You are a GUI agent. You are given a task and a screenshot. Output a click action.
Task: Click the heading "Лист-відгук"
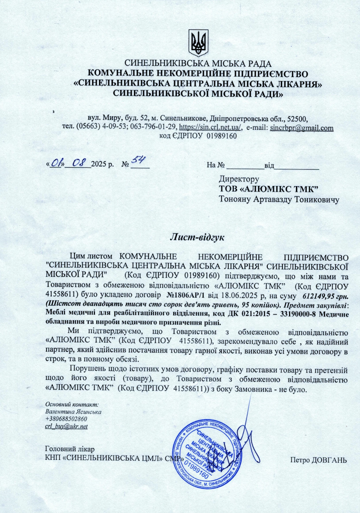tap(197, 238)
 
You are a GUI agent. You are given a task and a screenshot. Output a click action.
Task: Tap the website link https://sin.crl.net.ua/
tap(210, 128)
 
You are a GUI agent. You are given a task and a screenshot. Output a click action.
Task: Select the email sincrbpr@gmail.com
tap(302, 128)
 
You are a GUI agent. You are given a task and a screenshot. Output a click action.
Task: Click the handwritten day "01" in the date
tap(57, 164)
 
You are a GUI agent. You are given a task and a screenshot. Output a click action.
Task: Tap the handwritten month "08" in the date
tap(79, 163)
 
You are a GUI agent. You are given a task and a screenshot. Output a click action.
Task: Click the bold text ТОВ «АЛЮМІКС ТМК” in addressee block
tap(268, 189)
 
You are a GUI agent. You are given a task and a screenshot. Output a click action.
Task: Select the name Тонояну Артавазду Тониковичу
tap(279, 199)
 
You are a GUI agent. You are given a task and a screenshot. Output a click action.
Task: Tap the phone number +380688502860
tap(66, 419)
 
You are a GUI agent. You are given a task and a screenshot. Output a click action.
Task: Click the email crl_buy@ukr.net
tap(66, 426)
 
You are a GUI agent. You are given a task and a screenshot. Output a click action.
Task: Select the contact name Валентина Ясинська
tap(73, 412)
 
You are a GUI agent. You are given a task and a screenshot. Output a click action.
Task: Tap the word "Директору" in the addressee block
tap(239, 179)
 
